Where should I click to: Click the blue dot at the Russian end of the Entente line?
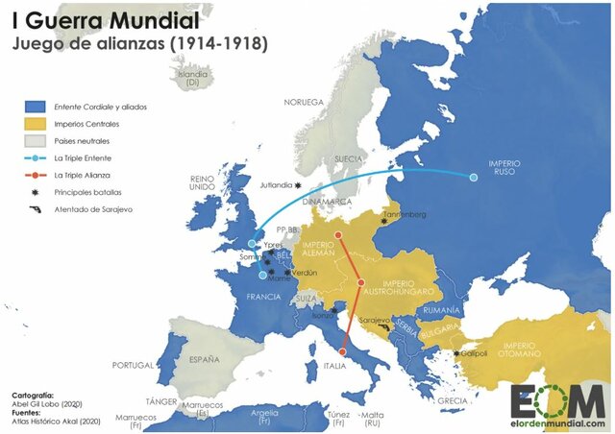pos(473,177)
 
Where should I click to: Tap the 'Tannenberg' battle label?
pos(404,214)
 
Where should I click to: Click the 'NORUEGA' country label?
pos(303,101)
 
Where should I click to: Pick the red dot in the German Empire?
pos(338,234)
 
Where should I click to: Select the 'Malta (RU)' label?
pos(371,419)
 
